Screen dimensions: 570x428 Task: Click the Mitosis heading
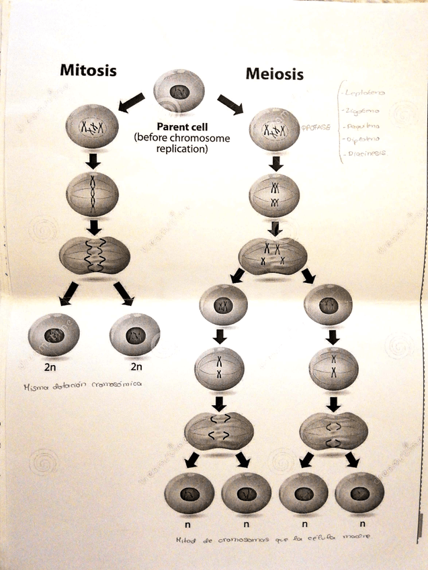[x=88, y=70]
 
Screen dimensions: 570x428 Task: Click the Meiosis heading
[x=274, y=73]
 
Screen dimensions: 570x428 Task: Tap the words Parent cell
[x=182, y=126]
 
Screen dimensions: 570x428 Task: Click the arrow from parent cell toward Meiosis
[x=230, y=104]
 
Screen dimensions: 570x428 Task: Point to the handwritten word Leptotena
[x=361, y=93]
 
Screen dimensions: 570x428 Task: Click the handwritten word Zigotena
[x=361, y=110]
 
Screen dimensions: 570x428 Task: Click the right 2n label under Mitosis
[x=136, y=367]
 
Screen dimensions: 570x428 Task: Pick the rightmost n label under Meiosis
[x=362, y=523]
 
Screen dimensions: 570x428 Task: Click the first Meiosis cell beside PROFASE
[x=273, y=129]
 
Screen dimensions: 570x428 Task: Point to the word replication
[x=182, y=149]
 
